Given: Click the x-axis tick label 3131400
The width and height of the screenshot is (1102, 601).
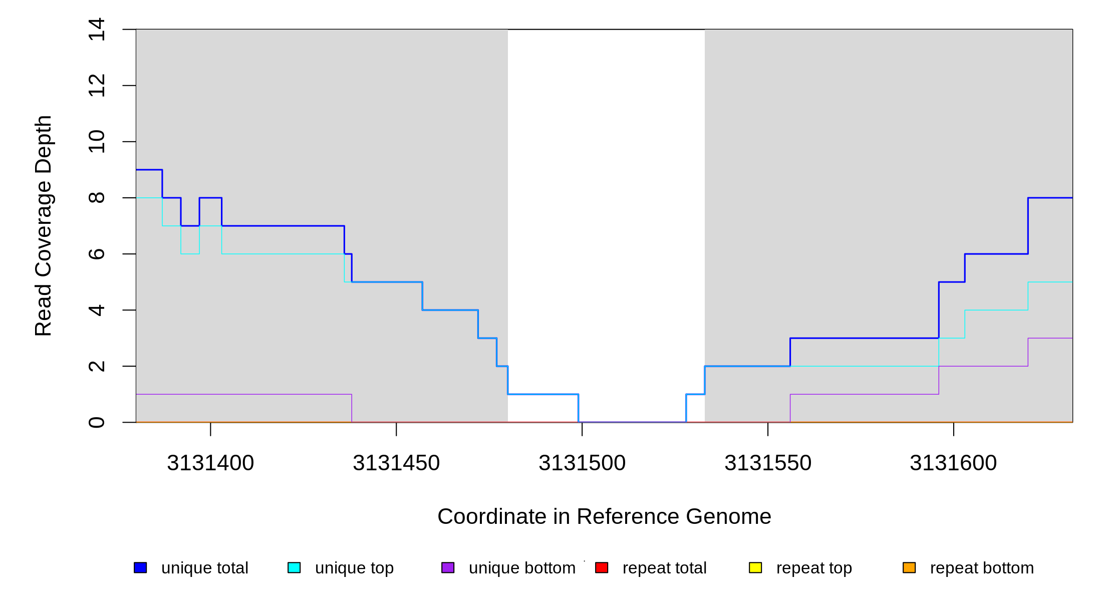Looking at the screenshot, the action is coord(210,463).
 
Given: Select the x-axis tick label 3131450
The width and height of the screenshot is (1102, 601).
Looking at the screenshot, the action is coord(396,463).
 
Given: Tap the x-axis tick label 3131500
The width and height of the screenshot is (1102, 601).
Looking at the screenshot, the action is coord(582,463).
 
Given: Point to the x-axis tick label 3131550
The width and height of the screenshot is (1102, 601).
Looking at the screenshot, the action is coord(768,463).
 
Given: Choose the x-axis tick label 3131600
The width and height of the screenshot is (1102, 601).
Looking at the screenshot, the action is coord(953,463).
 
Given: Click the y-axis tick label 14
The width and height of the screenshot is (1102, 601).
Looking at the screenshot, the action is coord(96,30).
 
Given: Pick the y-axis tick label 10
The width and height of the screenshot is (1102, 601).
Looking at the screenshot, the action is coord(96,142).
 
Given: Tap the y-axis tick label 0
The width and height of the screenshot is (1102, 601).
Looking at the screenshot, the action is coord(96,422).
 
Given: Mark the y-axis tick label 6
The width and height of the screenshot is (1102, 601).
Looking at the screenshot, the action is coord(96,254).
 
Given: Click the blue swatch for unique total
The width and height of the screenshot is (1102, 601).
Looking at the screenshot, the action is coord(140,567).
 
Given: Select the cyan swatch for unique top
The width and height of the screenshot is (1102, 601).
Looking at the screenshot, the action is coord(294,567).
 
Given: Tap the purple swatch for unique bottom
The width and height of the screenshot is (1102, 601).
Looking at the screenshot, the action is coord(448,567).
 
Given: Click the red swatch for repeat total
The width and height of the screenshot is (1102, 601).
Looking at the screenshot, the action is coord(602,567).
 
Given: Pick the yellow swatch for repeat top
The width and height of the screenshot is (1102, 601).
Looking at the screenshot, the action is coord(755,567).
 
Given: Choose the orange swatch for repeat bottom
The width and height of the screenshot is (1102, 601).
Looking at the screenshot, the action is coord(909,567).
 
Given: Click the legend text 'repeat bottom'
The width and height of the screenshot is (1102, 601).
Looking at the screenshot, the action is coord(982,568).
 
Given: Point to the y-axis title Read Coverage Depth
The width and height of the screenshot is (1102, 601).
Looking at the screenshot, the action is coord(44,226).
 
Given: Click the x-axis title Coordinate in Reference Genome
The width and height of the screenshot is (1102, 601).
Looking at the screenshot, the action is coord(604,516).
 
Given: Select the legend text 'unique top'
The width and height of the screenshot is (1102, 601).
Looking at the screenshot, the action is coord(354,568).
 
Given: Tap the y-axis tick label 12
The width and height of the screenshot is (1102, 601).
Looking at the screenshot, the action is coord(96,86).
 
